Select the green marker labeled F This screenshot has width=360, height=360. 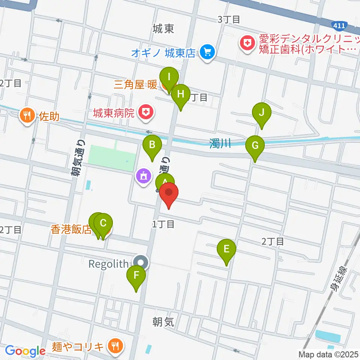pyautogui.click(x=136, y=277)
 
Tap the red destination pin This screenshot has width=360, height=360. pyautogui.click(x=169, y=193)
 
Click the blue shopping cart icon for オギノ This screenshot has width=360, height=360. pyautogui.click(x=207, y=52)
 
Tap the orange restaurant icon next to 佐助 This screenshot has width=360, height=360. pyautogui.click(x=27, y=114)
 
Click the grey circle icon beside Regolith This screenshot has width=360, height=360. pyautogui.click(x=141, y=263)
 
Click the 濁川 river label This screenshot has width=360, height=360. pyautogui.click(x=220, y=143)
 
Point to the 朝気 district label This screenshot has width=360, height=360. pyautogui.click(x=163, y=322)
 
